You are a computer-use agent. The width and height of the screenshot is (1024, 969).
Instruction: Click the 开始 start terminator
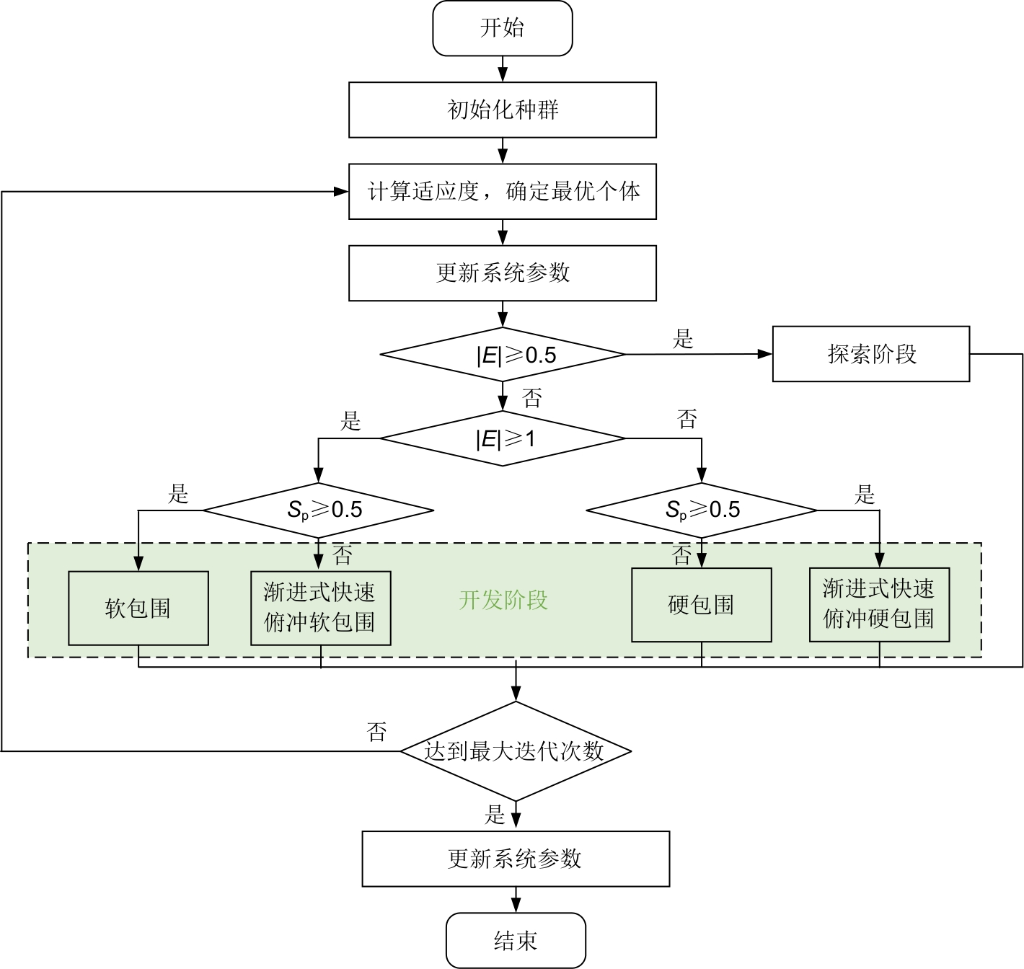pyautogui.click(x=503, y=28)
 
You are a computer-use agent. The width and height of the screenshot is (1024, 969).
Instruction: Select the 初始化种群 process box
pyautogui.click(x=503, y=110)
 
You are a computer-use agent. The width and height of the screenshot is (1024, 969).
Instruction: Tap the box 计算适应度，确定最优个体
pyautogui.click(x=503, y=192)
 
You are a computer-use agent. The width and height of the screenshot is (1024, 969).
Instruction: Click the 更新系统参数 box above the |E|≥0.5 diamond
pyautogui.click(x=503, y=273)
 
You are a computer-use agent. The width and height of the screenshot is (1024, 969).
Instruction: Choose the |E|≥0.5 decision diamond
pyautogui.click(x=503, y=354)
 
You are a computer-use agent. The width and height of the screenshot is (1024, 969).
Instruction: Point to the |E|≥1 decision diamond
pyautogui.click(x=503, y=438)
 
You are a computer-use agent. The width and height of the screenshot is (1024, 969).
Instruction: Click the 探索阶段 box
pyautogui.click(x=871, y=354)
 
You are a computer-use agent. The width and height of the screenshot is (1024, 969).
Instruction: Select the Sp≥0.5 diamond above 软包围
pyautogui.click(x=318, y=510)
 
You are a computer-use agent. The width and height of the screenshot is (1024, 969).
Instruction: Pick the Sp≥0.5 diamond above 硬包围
pyautogui.click(x=702, y=510)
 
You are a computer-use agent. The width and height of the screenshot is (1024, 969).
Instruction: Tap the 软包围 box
pyautogui.click(x=138, y=609)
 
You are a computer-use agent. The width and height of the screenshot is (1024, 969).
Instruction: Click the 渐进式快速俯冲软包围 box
pyautogui.click(x=321, y=608)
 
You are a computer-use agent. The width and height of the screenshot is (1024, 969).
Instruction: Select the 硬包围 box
pyautogui.click(x=702, y=605)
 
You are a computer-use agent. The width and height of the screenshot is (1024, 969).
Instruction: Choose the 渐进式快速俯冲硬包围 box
pyautogui.click(x=879, y=604)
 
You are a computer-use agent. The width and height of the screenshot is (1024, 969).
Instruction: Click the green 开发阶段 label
pyautogui.click(x=503, y=601)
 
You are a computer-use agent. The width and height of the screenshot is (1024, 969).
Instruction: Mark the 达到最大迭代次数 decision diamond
pyautogui.click(x=516, y=751)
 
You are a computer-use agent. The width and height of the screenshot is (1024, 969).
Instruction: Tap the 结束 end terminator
pyautogui.click(x=516, y=941)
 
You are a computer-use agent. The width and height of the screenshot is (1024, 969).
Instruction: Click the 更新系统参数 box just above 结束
pyautogui.click(x=516, y=859)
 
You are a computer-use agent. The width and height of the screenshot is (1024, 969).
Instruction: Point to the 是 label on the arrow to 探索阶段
pyautogui.click(x=683, y=339)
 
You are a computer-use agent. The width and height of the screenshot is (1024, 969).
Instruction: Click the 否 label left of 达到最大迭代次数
pyautogui.click(x=376, y=732)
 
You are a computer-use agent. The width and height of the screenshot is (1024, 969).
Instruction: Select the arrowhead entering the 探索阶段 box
pyautogui.click(x=766, y=354)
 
